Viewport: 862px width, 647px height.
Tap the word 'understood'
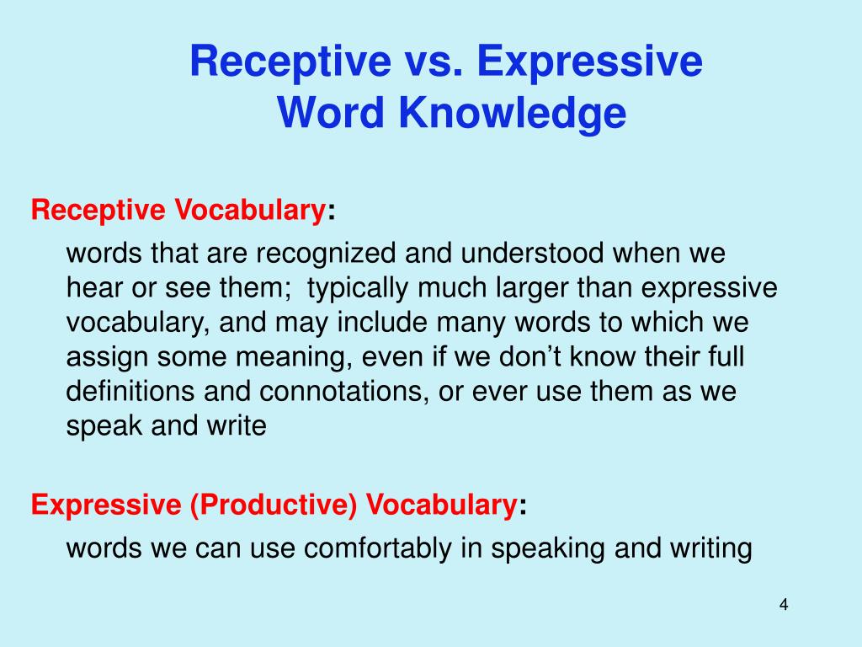[x=529, y=254]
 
